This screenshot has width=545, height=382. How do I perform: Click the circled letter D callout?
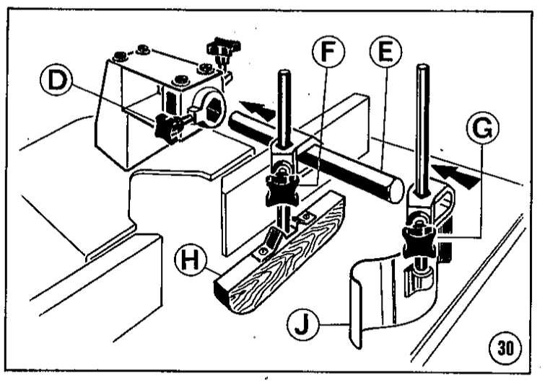point(56,80)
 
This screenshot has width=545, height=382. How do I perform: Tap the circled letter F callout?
point(328,52)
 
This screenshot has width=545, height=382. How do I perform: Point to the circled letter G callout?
point(482,128)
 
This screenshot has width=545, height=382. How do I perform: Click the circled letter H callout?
point(191,261)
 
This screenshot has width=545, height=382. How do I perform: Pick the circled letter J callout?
point(302,325)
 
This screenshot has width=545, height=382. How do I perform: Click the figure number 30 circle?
point(506,347)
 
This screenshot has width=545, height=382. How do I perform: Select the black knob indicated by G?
point(420,242)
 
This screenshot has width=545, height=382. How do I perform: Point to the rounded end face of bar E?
point(395,190)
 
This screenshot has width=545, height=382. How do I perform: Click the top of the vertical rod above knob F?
point(284,73)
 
